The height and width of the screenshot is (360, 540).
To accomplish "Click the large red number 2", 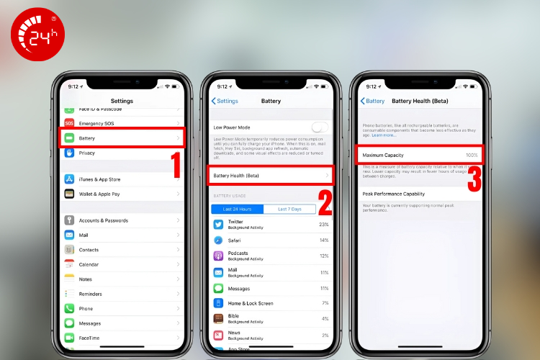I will click(324, 202).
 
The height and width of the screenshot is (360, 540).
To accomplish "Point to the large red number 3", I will click(474, 181).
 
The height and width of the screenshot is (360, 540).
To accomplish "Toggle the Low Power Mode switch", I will click(319, 127).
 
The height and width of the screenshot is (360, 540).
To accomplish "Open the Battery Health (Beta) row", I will click(270, 175).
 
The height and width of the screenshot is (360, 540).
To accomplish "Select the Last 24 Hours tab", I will click(237, 209).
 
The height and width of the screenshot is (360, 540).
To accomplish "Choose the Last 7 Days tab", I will click(289, 209).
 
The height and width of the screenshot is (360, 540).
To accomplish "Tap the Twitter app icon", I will click(218, 224).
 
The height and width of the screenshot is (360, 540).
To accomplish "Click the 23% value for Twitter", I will click(323, 224).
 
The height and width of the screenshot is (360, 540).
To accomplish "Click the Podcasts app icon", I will click(218, 256).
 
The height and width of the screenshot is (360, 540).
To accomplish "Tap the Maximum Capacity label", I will click(383, 155).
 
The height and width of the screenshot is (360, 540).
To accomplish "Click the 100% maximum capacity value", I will click(471, 155).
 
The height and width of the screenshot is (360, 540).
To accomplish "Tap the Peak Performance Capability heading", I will click(402, 194).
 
